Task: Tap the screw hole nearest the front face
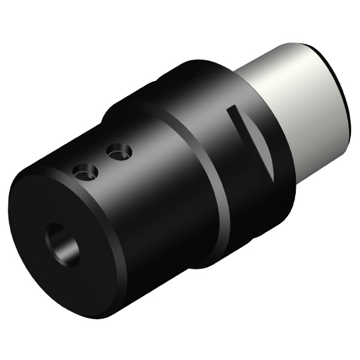(x=85, y=172)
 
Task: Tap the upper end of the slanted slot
(x=231, y=110)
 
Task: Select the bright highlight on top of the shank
(x=282, y=60)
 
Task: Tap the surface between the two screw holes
(x=101, y=162)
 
